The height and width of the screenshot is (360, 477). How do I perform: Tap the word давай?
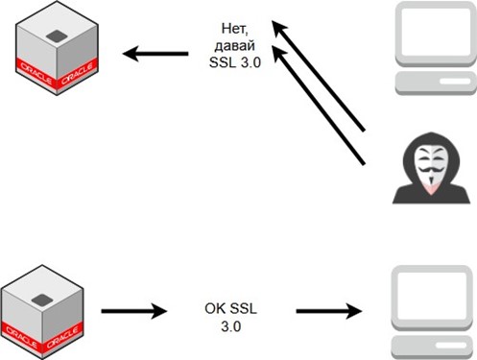coord(235,46)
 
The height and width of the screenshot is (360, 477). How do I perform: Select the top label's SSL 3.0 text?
coord(235,62)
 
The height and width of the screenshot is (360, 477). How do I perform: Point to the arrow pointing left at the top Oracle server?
coord(155,54)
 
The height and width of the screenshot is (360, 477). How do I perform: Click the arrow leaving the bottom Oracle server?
coord(134,311)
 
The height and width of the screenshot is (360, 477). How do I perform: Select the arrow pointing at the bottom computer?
coord(329,311)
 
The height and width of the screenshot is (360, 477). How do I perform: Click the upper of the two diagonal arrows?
coord(319,76)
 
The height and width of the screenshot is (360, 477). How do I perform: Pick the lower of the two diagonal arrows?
coord(319,106)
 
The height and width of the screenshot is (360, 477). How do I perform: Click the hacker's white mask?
coord(431,165)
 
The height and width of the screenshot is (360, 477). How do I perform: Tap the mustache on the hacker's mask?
coord(431,169)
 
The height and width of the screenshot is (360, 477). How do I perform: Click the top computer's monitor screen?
coord(436,32)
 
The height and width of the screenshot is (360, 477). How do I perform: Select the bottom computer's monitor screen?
coord(432,295)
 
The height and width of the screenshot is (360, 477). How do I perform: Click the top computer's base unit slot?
coord(454,82)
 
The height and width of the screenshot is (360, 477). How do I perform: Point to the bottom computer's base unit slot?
coord(451,346)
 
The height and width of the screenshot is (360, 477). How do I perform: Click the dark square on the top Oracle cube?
coord(57,36)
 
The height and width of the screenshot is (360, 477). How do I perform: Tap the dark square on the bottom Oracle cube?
coord(42,300)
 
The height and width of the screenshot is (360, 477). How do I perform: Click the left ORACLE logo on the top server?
coord(36,74)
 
